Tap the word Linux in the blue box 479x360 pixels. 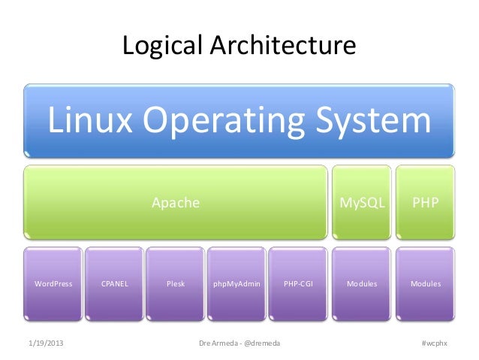pos(91,122)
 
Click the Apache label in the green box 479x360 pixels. pos(176,203)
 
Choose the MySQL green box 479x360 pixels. pos(363,203)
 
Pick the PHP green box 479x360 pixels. pos(426,203)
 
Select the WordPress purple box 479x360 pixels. pos(53,284)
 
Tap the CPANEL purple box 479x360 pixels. pos(115,284)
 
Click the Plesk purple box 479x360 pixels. pos(176,284)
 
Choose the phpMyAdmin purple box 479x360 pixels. pos(237,284)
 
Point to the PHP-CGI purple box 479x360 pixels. pos(299,284)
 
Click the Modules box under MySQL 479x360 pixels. pos(363,284)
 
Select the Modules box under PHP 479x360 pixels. pos(426,284)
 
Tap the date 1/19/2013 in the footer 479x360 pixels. pos(46,343)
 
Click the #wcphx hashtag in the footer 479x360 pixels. pos(434,343)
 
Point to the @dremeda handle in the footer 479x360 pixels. pos(261,343)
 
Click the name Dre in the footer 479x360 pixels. pos(204,343)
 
